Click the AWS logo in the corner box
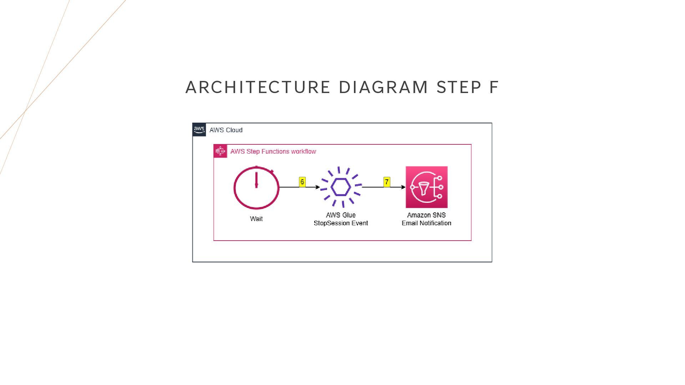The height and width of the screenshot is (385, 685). [x=199, y=130]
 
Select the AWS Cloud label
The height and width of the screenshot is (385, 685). [x=226, y=130]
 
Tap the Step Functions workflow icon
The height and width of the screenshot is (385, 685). [x=220, y=151]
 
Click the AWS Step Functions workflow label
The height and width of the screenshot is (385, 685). [x=273, y=152]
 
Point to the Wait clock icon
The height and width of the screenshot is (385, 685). [x=256, y=188]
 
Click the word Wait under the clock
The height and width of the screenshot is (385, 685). [x=256, y=219]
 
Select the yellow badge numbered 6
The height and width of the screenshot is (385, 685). [x=302, y=182]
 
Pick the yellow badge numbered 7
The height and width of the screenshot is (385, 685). [x=387, y=182]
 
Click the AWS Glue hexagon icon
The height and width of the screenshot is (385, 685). [x=341, y=187]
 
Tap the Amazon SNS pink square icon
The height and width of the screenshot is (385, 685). [x=426, y=187]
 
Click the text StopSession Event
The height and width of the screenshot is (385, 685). [x=341, y=223]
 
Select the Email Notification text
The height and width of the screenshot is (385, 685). [x=426, y=223]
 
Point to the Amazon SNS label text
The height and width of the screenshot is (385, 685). [x=426, y=215]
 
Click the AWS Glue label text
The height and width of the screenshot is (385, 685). [x=341, y=215]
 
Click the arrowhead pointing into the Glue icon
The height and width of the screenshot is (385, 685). [x=318, y=187]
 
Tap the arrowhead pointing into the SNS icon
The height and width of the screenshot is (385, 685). [x=403, y=187]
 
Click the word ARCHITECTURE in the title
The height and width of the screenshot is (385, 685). [x=258, y=87]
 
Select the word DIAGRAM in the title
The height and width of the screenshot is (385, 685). [x=383, y=87]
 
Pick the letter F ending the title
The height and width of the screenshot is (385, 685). [x=494, y=87]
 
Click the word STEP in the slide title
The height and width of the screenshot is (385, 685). [x=459, y=87]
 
